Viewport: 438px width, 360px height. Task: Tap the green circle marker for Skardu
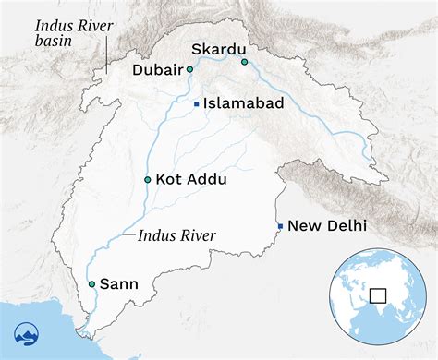(245, 62)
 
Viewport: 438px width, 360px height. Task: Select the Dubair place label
(157, 69)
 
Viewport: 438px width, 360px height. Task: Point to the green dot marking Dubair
(189, 69)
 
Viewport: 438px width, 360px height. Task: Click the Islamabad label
(244, 104)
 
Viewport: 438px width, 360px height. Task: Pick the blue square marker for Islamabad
(196, 104)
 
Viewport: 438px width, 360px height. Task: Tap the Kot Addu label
(190, 178)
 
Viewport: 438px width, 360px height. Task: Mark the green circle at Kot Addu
(148, 178)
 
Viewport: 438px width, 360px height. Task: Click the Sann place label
(118, 284)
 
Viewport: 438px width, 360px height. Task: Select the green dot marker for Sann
(91, 284)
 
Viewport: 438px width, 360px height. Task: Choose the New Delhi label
(327, 225)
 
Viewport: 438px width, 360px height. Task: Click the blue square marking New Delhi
(280, 225)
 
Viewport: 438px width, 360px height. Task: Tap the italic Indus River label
(176, 236)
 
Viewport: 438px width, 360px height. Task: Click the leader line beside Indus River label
(128, 236)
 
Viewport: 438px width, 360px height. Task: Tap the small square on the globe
(377, 295)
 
